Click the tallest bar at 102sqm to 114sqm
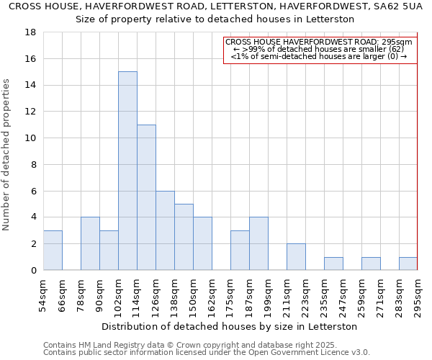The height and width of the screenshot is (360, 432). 127,171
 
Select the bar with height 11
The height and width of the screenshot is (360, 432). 146,197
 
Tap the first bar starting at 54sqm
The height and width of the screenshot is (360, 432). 53,250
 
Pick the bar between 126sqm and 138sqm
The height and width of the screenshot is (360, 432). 165,230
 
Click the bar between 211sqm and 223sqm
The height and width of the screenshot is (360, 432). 296,256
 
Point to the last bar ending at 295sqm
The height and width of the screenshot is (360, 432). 408,264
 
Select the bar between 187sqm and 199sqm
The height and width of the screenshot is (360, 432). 258,243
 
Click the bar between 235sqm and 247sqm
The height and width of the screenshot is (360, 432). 333,264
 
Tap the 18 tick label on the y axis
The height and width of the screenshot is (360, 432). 31,32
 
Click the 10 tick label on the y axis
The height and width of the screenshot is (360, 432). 31,138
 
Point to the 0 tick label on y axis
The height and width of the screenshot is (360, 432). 34,271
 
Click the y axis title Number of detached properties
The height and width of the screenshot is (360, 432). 7,155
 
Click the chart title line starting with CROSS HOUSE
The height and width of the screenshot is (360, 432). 216,6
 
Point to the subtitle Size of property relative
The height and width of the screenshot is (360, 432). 216,19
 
